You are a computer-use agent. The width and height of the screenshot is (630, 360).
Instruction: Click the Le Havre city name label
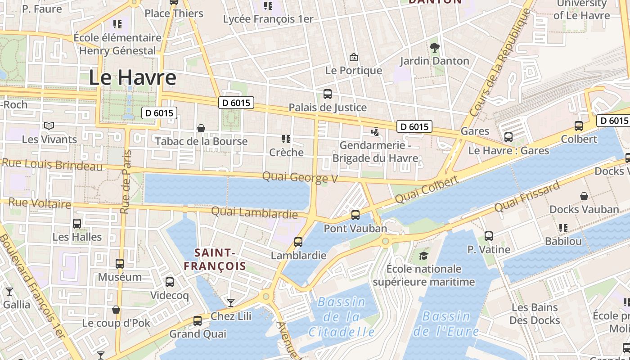tap(132, 77)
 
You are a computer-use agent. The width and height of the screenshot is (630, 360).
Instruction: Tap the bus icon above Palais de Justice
tap(328, 94)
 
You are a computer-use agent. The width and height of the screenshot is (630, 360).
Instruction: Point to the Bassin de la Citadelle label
tap(342, 317)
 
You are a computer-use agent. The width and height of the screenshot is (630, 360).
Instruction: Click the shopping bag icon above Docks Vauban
tap(584, 196)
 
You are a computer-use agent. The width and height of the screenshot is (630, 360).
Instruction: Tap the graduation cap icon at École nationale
tap(423, 256)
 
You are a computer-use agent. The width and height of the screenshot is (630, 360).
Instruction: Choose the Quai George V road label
tap(300, 177)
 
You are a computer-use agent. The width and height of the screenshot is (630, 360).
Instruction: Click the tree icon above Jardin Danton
tap(434, 47)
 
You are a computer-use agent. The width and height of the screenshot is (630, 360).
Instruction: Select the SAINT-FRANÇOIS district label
tap(215, 260)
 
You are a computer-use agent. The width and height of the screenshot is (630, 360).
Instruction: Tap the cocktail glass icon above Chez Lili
tap(231, 303)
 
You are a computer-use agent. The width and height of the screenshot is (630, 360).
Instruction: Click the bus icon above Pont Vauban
tap(355, 215)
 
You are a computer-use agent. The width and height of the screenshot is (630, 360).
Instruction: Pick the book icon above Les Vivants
tap(49, 126)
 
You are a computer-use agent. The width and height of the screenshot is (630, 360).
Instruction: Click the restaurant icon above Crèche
tap(286, 139)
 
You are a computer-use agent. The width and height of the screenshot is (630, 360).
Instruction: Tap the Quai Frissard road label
tap(527, 196)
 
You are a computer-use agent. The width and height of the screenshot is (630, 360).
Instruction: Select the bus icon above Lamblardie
tap(298, 242)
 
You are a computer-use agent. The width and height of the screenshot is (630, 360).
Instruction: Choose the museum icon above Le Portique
tap(354, 57)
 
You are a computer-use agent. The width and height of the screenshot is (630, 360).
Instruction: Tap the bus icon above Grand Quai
tap(198, 321)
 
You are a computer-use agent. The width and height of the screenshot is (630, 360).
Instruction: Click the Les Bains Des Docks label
tap(535, 314)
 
